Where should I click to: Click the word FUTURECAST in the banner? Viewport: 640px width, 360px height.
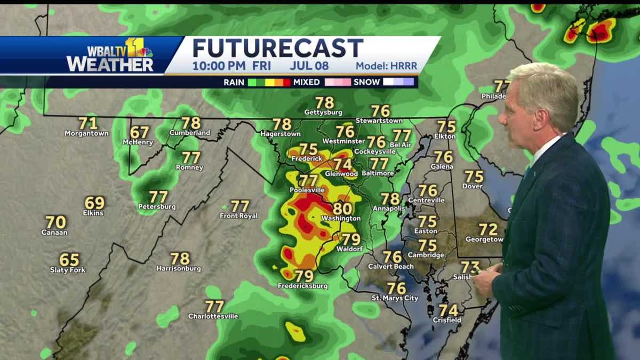point(278,48)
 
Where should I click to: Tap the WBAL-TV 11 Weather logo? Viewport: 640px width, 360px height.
point(110,55)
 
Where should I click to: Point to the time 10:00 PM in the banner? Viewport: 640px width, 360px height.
point(219,66)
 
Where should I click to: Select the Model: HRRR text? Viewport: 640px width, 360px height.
point(386,67)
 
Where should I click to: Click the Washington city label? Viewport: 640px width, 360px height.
point(341,219)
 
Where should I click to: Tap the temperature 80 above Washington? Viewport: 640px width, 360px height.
point(342,208)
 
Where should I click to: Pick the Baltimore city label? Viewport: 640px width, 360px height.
point(378,173)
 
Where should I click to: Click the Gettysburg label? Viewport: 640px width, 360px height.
point(323,113)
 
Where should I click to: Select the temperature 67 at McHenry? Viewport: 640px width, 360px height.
point(140,132)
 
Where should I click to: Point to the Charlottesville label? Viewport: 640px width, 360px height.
point(213,316)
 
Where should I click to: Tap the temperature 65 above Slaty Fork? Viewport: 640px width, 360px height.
point(69,260)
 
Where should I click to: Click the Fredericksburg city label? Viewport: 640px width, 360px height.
point(302,286)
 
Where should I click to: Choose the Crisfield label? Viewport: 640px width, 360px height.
point(447,320)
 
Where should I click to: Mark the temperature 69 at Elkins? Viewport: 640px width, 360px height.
point(94,203)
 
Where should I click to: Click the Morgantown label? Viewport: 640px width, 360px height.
point(86,133)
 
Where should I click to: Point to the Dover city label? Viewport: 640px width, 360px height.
point(473,186)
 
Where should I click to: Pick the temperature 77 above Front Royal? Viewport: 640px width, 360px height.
point(240,206)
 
